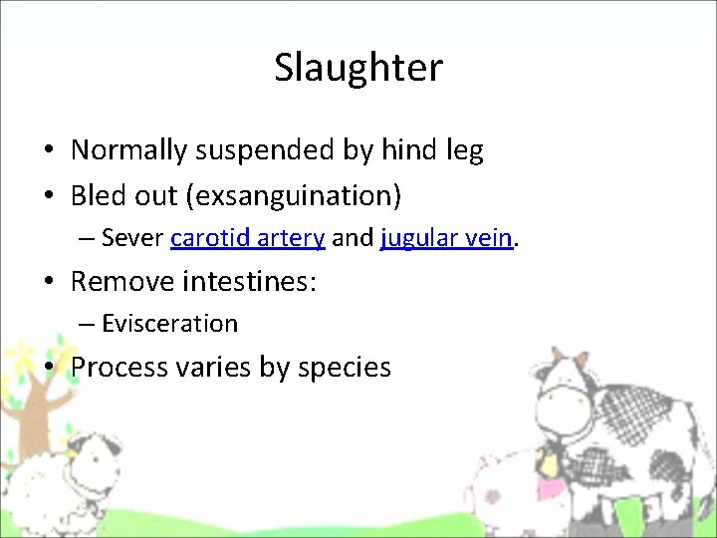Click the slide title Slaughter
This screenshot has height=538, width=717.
(358, 68)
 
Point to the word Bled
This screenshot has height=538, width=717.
(97, 196)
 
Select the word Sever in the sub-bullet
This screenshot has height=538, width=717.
(132, 239)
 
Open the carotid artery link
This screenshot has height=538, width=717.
(248, 239)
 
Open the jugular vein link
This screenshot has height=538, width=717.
(446, 239)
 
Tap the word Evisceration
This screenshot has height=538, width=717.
(169, 324)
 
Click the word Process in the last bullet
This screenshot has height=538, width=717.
(120, 368)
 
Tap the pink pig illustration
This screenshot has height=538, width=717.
(498, 488)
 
